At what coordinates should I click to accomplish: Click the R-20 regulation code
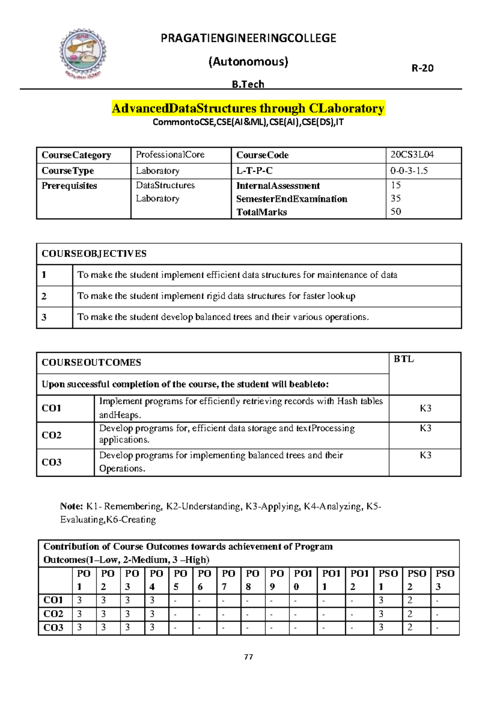422,68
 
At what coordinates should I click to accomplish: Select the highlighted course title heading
248,109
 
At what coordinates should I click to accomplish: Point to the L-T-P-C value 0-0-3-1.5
409,171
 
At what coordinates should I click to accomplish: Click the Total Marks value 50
396,211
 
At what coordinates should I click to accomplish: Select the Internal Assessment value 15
396,185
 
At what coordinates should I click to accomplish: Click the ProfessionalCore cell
170,155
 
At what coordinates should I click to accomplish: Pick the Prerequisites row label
69,186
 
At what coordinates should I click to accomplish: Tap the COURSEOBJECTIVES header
94,254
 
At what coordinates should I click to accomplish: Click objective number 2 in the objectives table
44,296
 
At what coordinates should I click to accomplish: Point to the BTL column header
403,359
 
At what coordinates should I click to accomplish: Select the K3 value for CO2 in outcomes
425,428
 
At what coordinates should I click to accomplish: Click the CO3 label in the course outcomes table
51,462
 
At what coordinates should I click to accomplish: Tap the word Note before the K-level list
71,506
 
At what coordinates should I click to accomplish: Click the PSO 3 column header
445,580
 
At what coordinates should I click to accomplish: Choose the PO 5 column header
180,580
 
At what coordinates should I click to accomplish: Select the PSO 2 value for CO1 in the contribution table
410,600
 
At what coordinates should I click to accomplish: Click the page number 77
248,657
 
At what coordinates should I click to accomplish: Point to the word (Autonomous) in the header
248,62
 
